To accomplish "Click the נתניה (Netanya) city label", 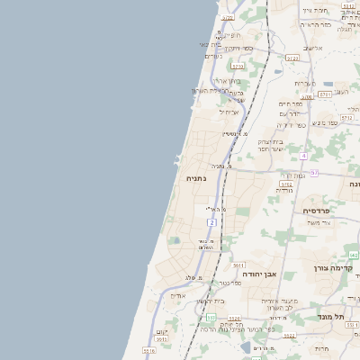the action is coord(195,179).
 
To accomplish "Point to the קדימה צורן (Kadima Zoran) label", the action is coord(334,268).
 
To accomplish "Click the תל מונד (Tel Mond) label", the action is coord(336,316).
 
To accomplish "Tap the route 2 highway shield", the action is coord(212,221).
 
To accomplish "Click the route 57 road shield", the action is coord(314,172).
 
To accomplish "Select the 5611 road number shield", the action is coord(238,265).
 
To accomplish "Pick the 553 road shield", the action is coord(211,318).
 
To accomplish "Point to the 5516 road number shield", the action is coord(148,350).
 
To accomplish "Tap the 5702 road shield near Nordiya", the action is coord(286,184).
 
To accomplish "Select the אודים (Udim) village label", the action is coord(177,295).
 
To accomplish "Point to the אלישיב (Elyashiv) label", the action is coord(312,49).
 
